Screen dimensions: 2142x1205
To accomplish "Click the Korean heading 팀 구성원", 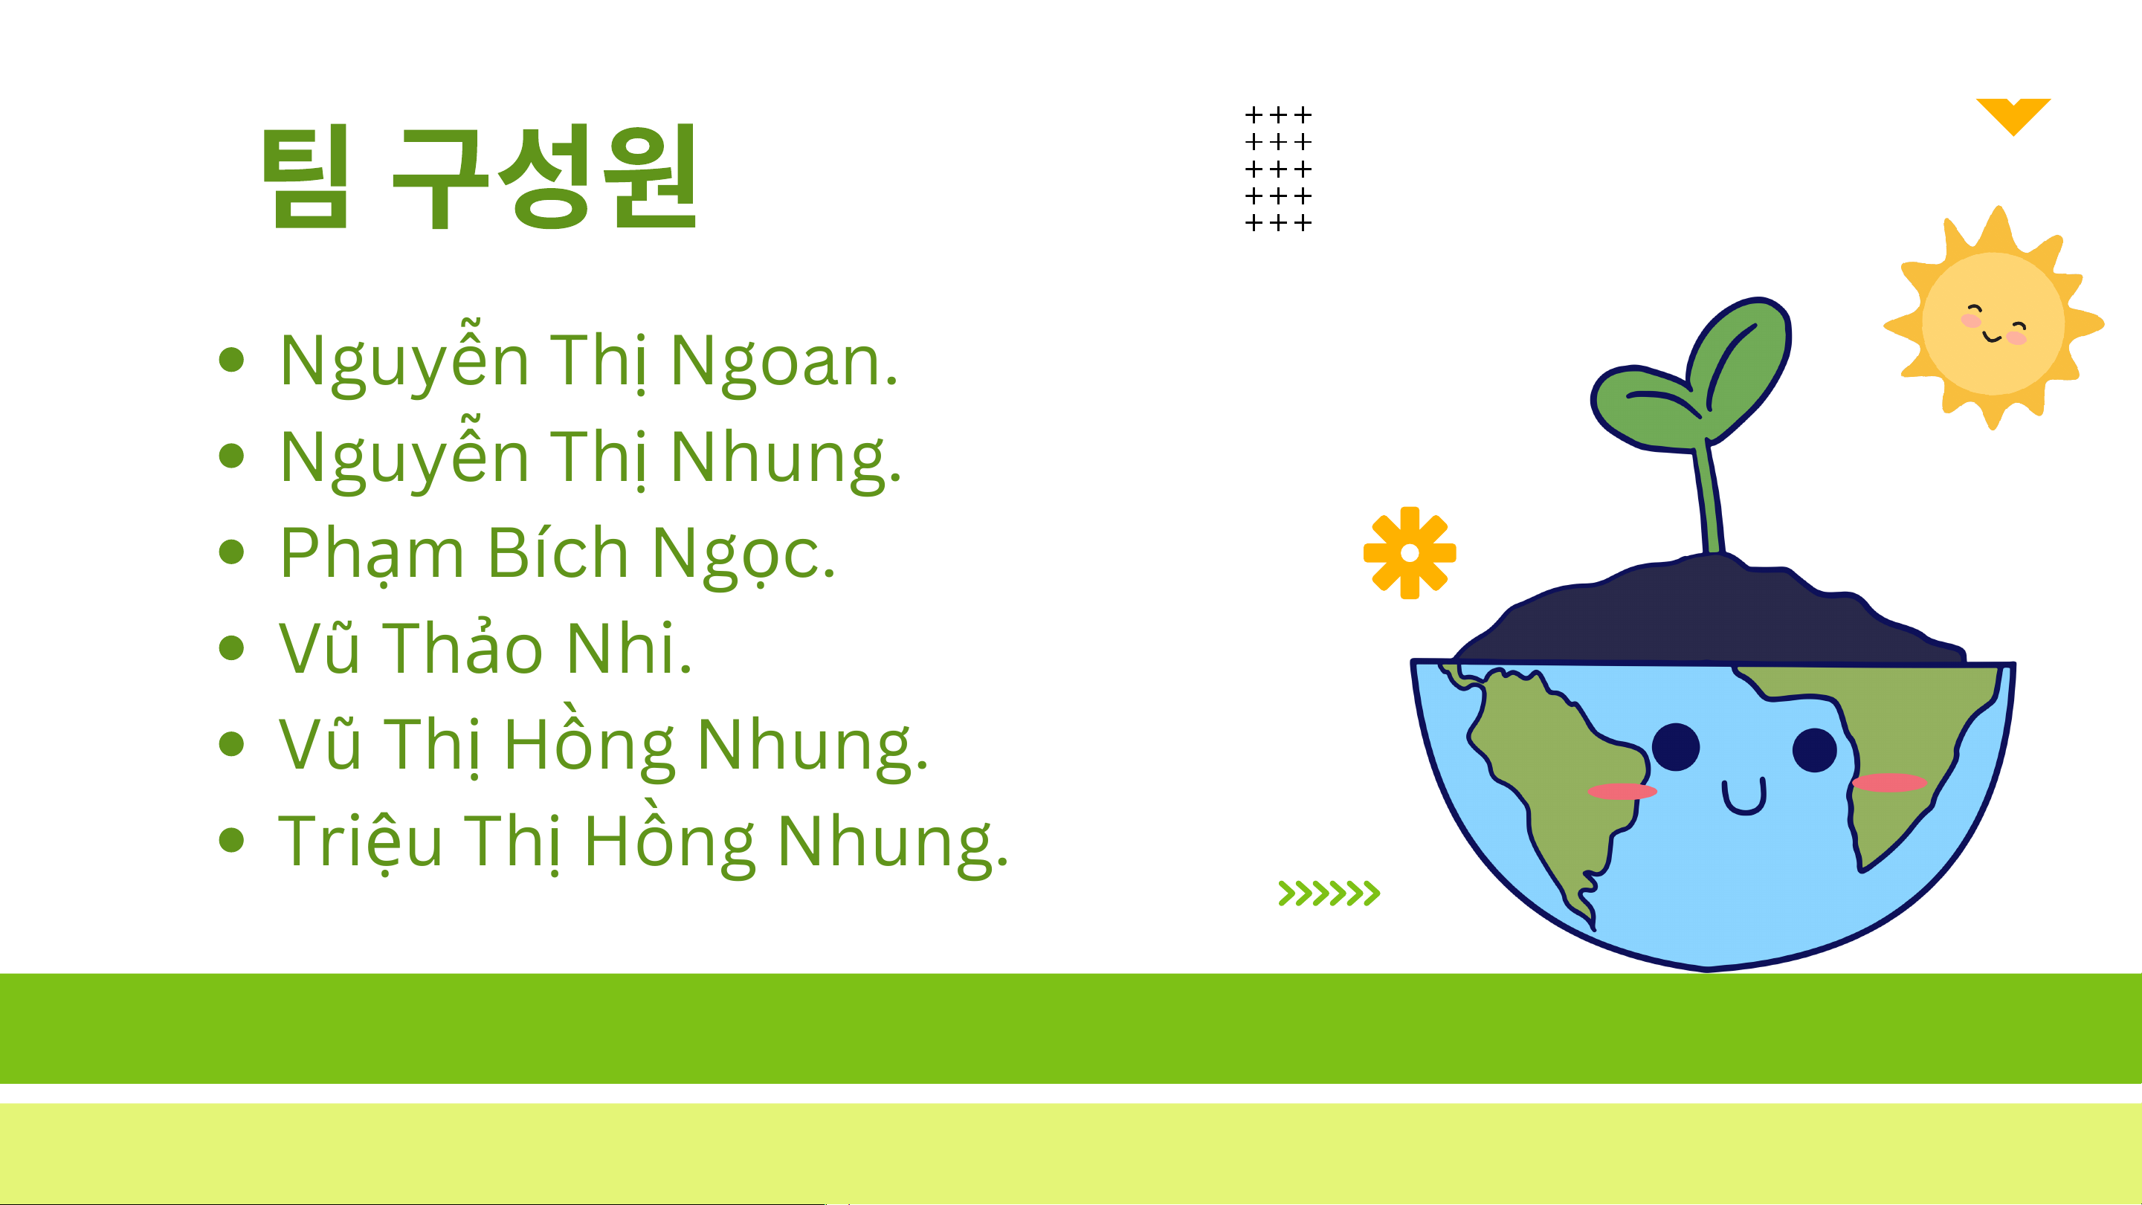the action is (480, 176).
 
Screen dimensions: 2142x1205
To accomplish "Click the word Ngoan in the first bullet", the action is (784, 361).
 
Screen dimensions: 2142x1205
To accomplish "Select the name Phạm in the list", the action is (372, 553).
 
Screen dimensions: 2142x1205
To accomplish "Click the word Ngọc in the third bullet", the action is (743, 555).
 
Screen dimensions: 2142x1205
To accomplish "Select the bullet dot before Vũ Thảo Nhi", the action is (231, 647).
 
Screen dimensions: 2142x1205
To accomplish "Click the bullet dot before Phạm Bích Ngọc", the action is (231, 552).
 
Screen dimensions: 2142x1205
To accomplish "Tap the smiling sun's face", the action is (1994, 323).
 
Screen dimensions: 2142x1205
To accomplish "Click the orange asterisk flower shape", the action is (1410, 553).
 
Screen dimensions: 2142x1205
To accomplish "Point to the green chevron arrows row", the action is (1329, 893).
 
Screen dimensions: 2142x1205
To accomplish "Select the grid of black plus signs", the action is (1278, 169).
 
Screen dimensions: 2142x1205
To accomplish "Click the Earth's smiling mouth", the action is (1743, 798).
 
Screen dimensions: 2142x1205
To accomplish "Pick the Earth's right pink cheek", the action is (1889, 783).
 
